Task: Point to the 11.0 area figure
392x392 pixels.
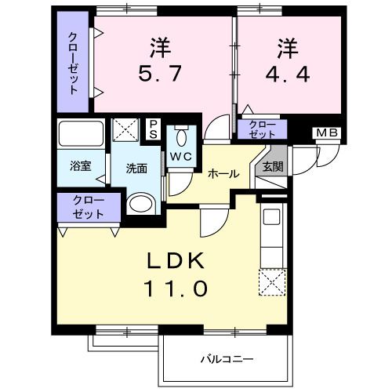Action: pyautogui.click(x=176, y=289)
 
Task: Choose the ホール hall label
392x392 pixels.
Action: pyautogui.click(x=223, y=175)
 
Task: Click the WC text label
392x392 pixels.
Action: pyautogui.click(x=181, y=155)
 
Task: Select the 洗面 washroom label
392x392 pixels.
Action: pyautogui.click(x=138, y=167)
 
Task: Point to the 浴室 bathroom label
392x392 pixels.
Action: pyautogui.click(x=80, y=166)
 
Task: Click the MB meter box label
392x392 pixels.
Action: pyautogui.click(x=328, y=132)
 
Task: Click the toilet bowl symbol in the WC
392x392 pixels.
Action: pyautogui.click(x=182, y=138)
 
